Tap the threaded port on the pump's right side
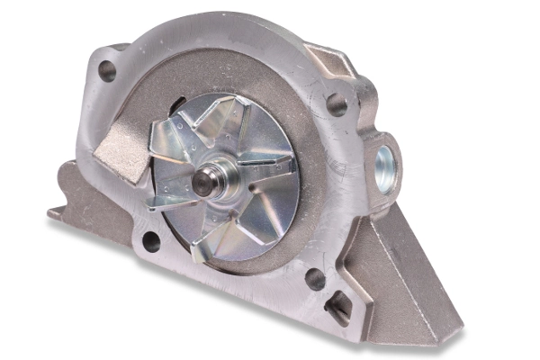pyautogui.click(x=385, y=163)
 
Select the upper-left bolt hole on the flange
pyautogui.click(x=107, y=70)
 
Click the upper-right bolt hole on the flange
pyautogui.click(x=337, y=104)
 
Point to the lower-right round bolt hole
pyautogui.click(x=315, y=278)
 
